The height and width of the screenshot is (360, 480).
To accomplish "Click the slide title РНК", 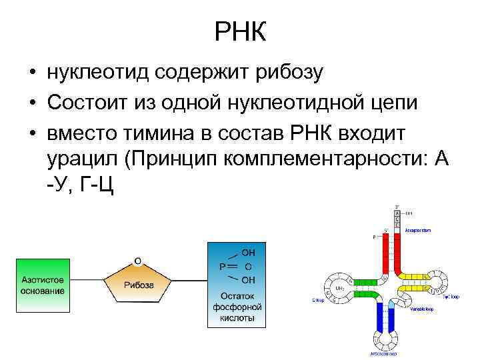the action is pos(241,32).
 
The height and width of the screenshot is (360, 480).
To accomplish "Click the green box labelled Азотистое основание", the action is pos(43,286).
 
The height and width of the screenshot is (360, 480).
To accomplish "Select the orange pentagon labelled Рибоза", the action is pos(137,283).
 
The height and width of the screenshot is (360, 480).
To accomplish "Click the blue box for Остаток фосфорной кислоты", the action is pos(237,285).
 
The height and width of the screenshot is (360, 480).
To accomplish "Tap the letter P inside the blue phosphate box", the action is pos(222,266).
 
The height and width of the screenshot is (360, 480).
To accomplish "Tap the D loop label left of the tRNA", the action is pos(317,301).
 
